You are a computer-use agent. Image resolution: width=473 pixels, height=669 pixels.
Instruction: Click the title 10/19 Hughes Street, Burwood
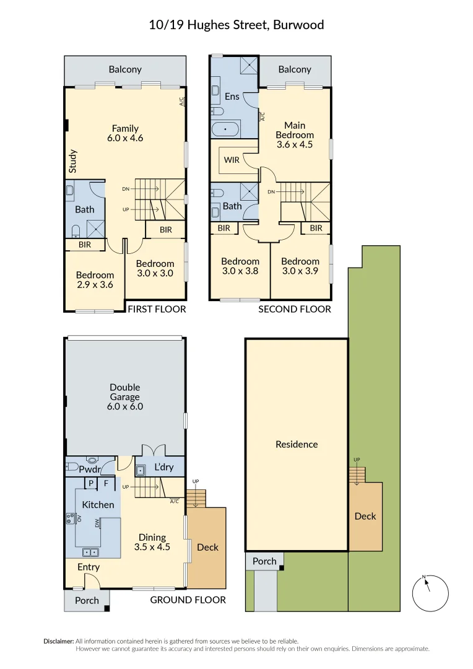tap(236, 25)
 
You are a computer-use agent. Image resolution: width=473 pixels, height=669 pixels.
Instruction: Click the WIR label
tap(232, 160)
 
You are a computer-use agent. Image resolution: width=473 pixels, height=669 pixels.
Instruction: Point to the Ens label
tap(232, 97)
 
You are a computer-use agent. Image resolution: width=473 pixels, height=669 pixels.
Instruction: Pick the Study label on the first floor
tap(72, 161)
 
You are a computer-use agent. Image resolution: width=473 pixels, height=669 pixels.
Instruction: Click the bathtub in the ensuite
tap(225, 129)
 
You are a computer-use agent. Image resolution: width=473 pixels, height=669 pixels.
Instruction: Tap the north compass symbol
tap(430, 593)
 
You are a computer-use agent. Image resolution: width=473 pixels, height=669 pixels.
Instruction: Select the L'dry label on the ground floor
tap(164, 467)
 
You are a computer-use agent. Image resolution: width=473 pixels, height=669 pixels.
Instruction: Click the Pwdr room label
tap(90, 470)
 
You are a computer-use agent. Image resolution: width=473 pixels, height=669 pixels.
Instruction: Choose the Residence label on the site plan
tap(297, 445)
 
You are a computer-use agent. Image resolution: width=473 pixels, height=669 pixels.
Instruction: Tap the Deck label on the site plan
tap(365, 516)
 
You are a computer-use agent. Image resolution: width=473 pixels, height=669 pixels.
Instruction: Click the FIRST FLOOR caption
tap(157, 309)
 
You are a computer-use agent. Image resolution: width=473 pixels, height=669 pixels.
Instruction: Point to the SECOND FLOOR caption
tap(295, 309)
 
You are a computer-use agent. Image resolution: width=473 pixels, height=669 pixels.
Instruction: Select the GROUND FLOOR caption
tap(188, 600)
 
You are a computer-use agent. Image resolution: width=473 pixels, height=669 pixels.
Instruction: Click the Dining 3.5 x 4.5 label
tap(152, 542)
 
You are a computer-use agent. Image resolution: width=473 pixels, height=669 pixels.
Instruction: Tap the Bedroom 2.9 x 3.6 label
tap(95, 280)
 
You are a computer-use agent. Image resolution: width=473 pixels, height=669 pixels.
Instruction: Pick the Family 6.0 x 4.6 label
tap(125, 133)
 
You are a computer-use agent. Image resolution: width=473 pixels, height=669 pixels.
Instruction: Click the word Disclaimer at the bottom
tap(59, 641)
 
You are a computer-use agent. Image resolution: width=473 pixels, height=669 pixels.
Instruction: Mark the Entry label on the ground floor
tap(89, 567)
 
